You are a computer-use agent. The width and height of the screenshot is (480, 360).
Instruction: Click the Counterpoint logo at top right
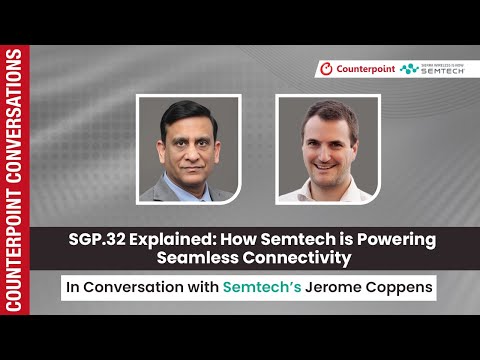tap(355, 69)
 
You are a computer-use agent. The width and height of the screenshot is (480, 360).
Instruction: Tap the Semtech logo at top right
tap(433, 69)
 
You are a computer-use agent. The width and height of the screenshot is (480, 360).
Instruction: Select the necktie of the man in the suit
tap(189, 190)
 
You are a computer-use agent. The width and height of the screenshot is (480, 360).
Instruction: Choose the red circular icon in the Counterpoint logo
tap(325, 69)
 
